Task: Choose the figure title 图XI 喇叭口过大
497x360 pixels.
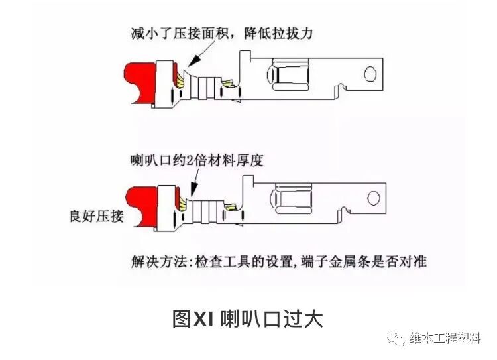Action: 248,319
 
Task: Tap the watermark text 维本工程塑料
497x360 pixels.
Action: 445,338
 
